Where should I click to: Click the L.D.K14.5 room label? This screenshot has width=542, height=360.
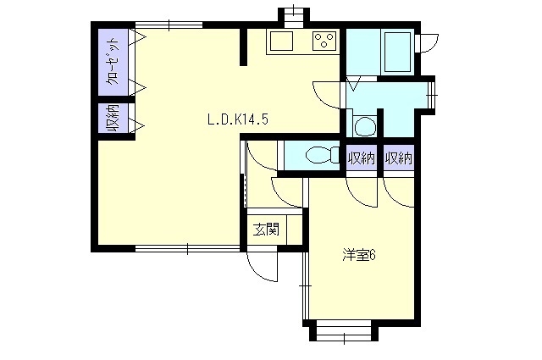(238, 119)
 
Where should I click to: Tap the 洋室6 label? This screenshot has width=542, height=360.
(359, 255)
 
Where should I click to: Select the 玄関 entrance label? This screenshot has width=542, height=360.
(266, 230)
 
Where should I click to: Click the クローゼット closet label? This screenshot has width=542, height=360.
(113, 62)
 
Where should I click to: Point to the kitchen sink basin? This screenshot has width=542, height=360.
(281, 41)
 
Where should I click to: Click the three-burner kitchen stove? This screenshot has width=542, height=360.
(324, 41)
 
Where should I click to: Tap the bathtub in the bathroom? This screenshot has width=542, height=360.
(398, 52)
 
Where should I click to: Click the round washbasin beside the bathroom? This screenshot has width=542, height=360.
(364, 125)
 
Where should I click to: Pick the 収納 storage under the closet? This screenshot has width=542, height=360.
(113, 119)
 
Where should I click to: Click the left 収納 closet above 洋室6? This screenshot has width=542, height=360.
(362, 158)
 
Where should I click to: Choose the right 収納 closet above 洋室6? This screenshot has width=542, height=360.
(399, 158)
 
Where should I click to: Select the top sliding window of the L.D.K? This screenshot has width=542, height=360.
(169, 25)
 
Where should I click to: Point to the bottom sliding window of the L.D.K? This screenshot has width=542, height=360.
(187, 248)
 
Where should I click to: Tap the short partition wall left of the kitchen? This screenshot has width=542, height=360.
(244, 47)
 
